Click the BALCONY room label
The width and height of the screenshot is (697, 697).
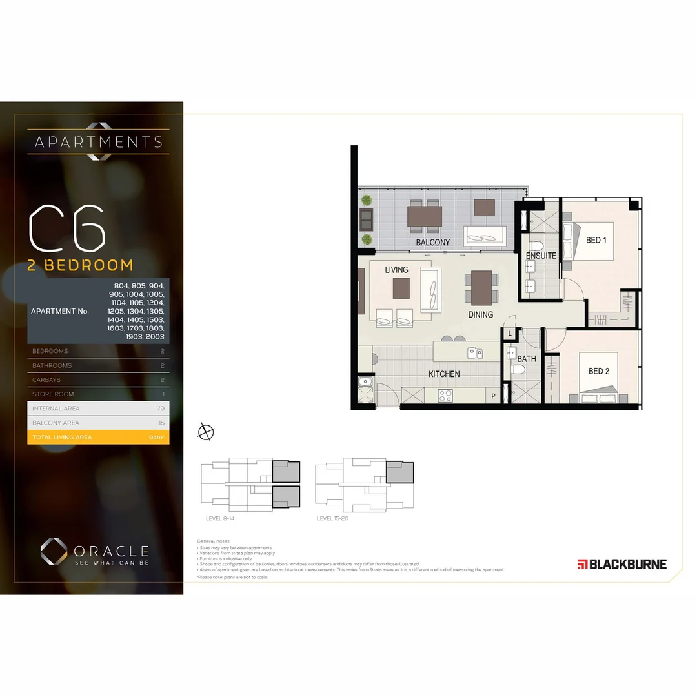[x=432, y=243]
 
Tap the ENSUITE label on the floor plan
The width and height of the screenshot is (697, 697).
[x=541, y=256]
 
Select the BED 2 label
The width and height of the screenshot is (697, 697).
[x=598, y=371]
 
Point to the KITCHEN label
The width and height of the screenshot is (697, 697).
[x=445, y=374]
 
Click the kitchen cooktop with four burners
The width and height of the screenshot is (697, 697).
[x=445, y=396]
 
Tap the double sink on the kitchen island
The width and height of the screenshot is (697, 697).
[x=476, y=353]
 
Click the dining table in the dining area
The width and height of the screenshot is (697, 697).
[x=481, y=287]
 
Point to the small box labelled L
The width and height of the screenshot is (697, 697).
[x=510, y=333]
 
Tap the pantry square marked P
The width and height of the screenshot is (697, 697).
[x=494, y=396]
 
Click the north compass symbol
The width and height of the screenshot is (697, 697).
[x=206, y=432]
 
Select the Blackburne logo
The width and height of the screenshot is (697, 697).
[x=622, y=564]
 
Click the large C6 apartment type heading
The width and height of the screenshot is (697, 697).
[x=67, y=229]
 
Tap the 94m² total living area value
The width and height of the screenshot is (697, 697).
[x=156, y=438]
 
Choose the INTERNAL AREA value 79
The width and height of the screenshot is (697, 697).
[x=160, y=409]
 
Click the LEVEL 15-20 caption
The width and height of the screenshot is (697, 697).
[x=332, y=518]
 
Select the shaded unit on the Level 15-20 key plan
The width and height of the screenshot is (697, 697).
[x=399, y=472]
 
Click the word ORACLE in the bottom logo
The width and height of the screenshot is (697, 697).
[x=111, y=551]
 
